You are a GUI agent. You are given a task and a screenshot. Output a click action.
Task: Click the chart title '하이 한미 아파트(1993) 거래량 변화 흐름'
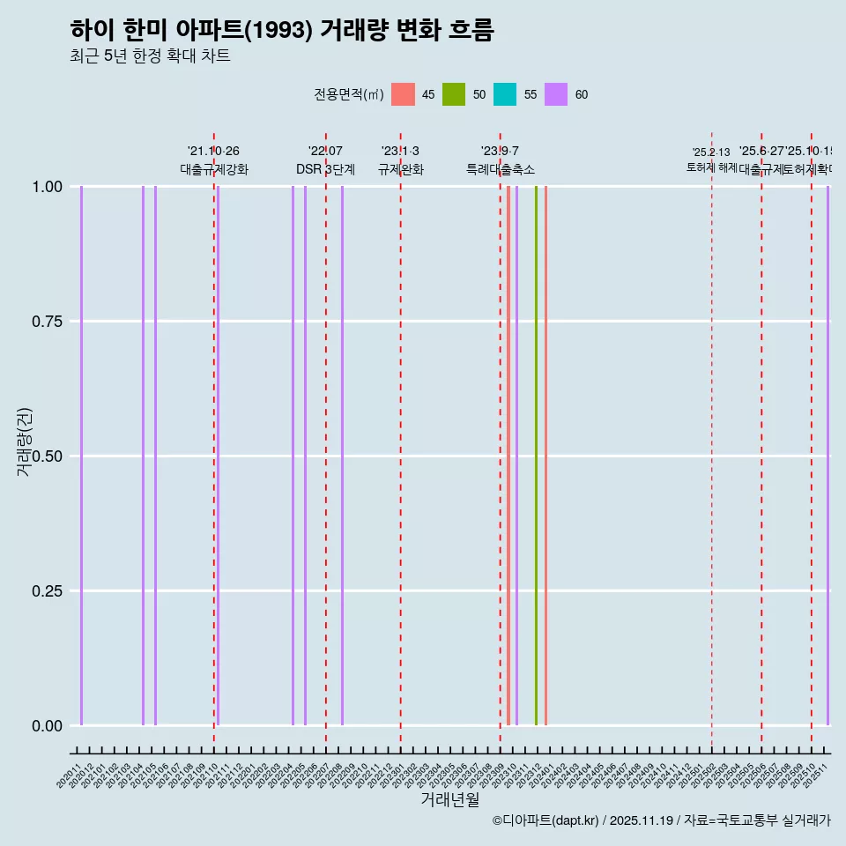tap(282, 30)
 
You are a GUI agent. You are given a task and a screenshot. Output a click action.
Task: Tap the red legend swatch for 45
tap(403, 94)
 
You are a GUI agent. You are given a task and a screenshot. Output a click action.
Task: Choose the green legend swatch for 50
tap(454, 94)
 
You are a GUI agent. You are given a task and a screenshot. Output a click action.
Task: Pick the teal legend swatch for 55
tap(505, 94)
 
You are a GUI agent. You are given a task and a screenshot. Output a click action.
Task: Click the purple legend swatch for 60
tap(556, 94)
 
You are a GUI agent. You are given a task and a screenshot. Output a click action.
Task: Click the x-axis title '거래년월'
tap(450, 799)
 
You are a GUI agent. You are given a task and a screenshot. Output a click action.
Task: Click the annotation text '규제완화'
tap(401, 169)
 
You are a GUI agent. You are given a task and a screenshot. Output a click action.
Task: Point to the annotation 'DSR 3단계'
tap(325, 169)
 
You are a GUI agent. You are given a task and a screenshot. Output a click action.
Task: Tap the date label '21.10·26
tap(213, 151)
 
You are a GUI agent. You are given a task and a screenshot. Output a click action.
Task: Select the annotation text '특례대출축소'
tap(501, 169)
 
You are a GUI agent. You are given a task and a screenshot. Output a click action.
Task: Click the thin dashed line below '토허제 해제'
tap(711, 441)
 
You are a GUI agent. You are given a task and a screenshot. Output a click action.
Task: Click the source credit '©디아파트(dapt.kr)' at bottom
tap(546, 820)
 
